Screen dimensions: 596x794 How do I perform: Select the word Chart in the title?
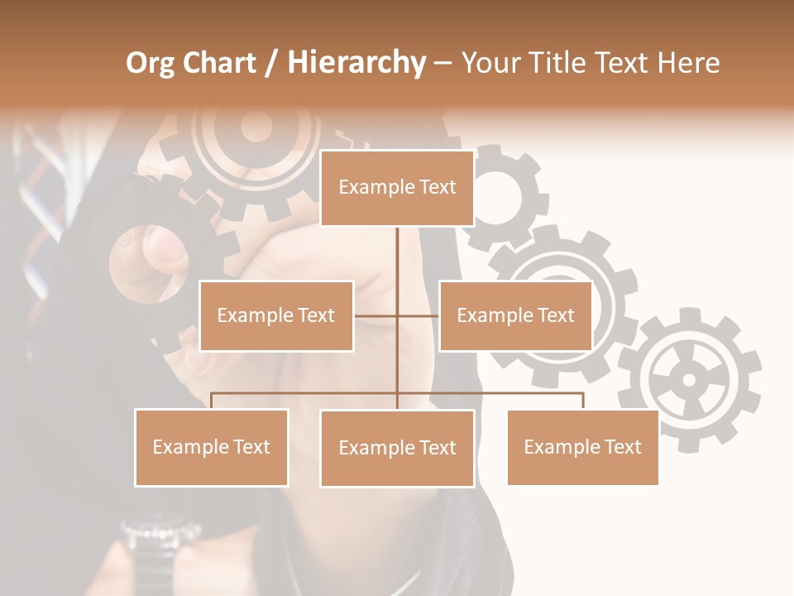(218, 63)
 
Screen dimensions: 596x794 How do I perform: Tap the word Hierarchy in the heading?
(356, 63)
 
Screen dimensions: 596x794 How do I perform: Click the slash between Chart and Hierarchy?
(271, 63)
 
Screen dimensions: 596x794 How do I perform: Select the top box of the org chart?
(397, 188)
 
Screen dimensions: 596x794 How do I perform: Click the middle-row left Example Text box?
(276, 315)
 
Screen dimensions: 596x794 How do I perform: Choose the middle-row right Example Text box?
(515, 315)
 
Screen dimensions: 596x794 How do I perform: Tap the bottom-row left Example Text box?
(212, 447)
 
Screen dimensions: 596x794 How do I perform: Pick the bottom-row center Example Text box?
(397, 448)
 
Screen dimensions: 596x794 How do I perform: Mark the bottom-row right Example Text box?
(582, 447)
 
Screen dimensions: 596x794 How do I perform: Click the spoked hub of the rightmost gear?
(689, 380)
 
